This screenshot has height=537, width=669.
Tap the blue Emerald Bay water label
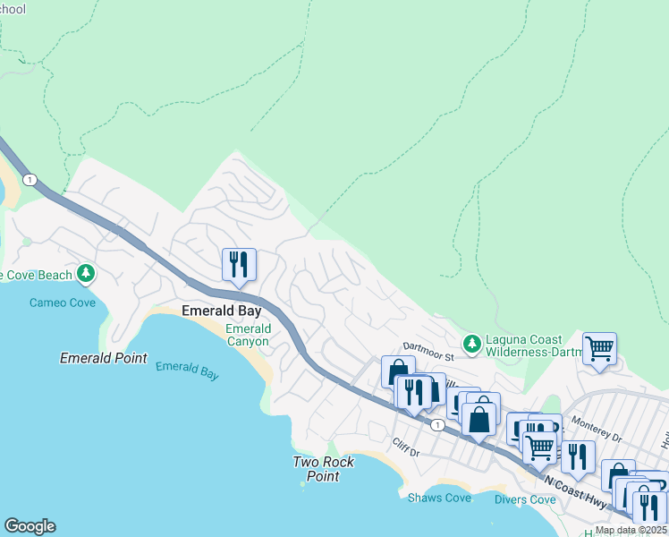[187, 371]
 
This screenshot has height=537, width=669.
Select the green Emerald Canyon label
[247, 335]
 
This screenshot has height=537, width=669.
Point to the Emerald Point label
[103, 358]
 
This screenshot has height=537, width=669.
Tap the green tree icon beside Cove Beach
[86, 272]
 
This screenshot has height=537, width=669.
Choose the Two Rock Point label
[324, 469]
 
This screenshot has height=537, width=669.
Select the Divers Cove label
[525, 499]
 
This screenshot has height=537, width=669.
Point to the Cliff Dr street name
[405, 443]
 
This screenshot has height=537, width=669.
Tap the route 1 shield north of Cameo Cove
[30, 180]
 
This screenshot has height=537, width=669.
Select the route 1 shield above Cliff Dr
[436, 424]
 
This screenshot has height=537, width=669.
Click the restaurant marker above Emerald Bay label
[239, 265]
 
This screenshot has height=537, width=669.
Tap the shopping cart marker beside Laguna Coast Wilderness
[599, 349]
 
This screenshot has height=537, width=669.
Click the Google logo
[30, 526]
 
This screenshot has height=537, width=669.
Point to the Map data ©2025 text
[631, 530]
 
